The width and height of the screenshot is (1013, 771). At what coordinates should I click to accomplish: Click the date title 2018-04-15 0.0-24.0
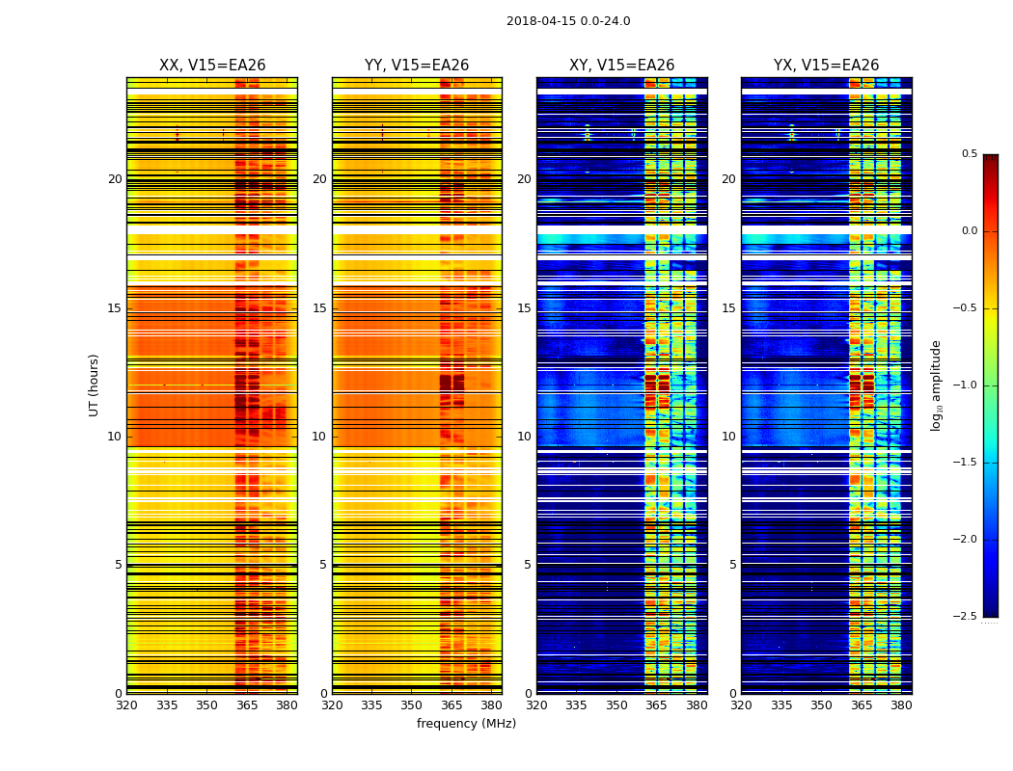pos(568,21)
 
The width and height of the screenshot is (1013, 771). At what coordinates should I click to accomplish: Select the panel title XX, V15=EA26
pos(212,66)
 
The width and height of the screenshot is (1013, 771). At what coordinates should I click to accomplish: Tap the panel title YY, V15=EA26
pos(417,66)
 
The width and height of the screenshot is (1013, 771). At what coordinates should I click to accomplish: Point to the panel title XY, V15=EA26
pos(621,66)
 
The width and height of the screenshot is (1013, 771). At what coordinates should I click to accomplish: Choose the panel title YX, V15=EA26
pos(826,66)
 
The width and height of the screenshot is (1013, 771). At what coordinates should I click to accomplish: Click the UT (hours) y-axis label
pos(95,385)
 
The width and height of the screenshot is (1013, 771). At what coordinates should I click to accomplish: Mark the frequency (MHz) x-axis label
pos(466,724)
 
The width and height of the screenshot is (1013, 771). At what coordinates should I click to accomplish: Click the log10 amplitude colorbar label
pos(935,385)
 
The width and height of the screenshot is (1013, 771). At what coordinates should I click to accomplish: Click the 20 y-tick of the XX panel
pos(115,179)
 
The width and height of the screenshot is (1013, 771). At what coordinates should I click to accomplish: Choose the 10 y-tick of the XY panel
pos(524,437)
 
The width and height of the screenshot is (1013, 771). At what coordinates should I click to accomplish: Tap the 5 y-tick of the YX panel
pos(732,565)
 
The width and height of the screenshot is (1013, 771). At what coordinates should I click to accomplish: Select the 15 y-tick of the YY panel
pos(319,308)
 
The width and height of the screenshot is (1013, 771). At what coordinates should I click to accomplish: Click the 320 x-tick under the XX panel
pos(126,705)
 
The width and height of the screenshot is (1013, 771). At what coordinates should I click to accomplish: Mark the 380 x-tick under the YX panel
pos(901,705)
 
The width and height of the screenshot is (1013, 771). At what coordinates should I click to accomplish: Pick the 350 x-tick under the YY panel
pos(412,705)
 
